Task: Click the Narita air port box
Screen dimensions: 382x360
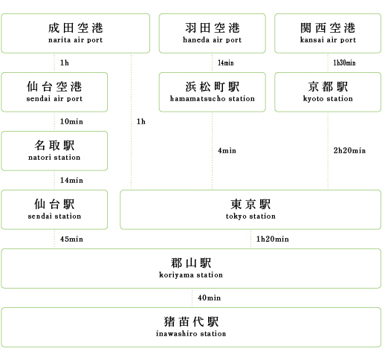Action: [x=76, y=33]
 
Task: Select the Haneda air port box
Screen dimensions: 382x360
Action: [x=213, y=33]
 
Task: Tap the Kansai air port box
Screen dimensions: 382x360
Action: [x=328, y=33]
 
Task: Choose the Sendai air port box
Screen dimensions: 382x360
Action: [x=54, y=92]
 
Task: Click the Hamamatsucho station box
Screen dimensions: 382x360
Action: [x=213, y=92]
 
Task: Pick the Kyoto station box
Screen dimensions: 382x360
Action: [x=328, y=92]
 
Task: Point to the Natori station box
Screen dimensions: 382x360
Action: [x=54, y=151]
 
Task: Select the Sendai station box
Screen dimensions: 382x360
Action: [x=54, y=210]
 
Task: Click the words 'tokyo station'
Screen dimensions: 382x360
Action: [x=250, y=216]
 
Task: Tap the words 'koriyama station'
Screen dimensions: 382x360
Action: [x=191, y=275]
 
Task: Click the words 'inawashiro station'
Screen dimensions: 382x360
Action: [x=191, y=334]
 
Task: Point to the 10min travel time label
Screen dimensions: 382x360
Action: [x=71, y=121]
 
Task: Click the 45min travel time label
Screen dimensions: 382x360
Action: [x=71, y=239]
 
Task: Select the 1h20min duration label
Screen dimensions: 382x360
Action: [x=273, y=239]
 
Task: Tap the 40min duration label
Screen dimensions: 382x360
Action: [x=209, y=298]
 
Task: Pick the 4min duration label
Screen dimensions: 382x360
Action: [x=227, y=151]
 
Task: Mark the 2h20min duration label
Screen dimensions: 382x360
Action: [x=349, y=150]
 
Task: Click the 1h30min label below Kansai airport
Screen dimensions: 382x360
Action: [x=344, y=62]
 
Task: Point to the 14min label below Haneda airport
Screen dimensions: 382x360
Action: [x=226, y=62]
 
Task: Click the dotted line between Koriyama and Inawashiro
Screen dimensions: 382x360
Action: [x=192, y=298]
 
